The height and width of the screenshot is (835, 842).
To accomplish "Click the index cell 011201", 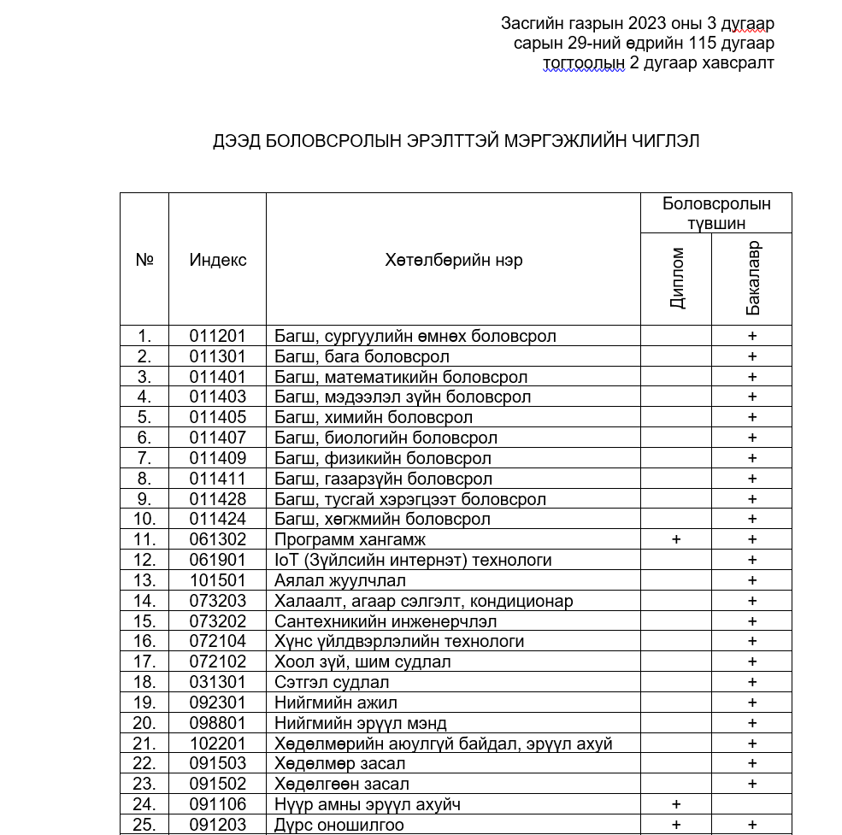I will click(217, 336).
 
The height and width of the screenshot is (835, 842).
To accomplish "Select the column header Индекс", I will click(217, 260).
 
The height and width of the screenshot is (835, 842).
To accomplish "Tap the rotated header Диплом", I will click(677, 279).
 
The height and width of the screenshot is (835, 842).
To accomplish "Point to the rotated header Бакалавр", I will click(752, 279).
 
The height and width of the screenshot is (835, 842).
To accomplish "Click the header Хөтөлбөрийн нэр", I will click(453, 260).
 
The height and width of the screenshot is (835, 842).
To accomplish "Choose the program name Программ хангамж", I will click(350, 539).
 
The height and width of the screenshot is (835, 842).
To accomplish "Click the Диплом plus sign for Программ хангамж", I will click(676, 539).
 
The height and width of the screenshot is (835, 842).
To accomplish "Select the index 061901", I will click(217, 560).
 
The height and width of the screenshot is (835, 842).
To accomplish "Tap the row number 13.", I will click(144, 580).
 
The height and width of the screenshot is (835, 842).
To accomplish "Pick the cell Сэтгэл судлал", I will click(332, 682).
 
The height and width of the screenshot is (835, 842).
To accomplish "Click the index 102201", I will click(217, 744).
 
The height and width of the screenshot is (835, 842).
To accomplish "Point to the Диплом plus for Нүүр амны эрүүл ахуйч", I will click(676, 804).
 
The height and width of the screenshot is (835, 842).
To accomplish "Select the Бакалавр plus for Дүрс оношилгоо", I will click(752, 825).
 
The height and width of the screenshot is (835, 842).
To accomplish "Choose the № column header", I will click(144, 260).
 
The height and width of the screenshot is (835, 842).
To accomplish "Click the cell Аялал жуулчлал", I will click(340, 580).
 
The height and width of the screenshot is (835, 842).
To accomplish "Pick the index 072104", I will click(217, 641).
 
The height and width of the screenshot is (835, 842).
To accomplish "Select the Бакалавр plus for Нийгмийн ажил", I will click(752, 703).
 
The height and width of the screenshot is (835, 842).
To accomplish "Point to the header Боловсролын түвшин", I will click(716, 213).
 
